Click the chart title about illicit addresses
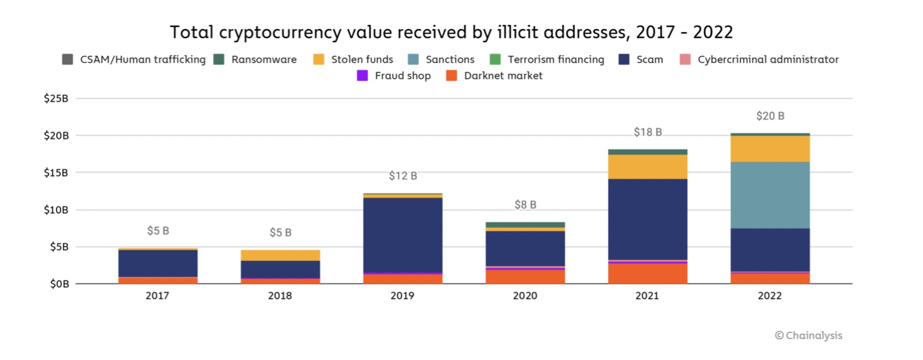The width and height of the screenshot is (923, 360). (x=451, y=33)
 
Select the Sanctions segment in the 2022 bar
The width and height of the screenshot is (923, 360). (x=770, y=195)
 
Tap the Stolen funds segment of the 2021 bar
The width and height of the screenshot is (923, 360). (x=648, y=167)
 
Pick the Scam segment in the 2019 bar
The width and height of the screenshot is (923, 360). (x=403, y=235)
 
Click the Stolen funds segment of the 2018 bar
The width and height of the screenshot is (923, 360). (x=280, y=255)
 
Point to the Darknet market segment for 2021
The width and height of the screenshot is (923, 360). (x=648, y=273)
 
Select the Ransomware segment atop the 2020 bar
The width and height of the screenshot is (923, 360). (x=525, y=225)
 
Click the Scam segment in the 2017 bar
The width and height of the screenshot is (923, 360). (x=158, y=263)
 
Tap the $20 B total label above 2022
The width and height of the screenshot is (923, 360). (x=770, y=116)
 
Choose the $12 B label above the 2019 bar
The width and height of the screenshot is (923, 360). (x=403, y=176)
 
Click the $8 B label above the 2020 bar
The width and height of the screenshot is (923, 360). (x=525, y=205)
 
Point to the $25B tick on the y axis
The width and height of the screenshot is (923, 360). (x=56, y=99)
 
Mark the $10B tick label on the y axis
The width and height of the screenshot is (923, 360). (x=56, y=210)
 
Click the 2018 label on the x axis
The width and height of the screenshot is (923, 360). (x=280, y=296)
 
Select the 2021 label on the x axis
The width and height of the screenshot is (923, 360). (x=647, y=296)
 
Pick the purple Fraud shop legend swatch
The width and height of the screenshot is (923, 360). (x=362, y=76)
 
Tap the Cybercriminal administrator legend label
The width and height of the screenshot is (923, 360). (x=768, y=59)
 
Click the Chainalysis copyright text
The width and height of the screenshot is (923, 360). (x=808, y=335)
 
